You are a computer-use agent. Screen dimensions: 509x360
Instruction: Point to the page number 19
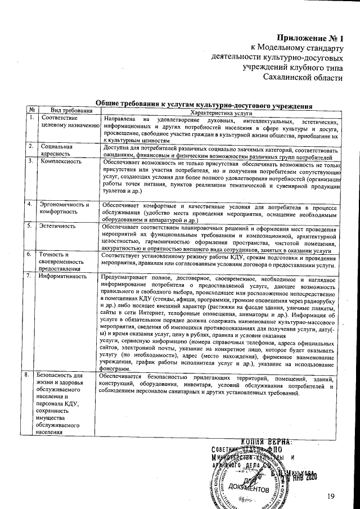[x=331, y=494]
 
